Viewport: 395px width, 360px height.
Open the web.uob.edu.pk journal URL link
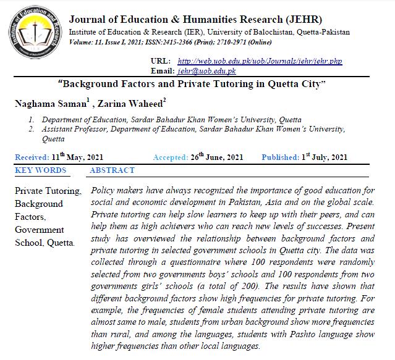260,62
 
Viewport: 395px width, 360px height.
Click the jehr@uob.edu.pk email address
206,72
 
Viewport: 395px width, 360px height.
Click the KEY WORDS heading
40,170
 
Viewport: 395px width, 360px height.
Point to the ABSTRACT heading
112,170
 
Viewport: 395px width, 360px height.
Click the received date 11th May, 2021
77,157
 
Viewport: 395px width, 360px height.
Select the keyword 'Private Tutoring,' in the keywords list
48,191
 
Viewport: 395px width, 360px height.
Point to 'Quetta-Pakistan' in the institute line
322,31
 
